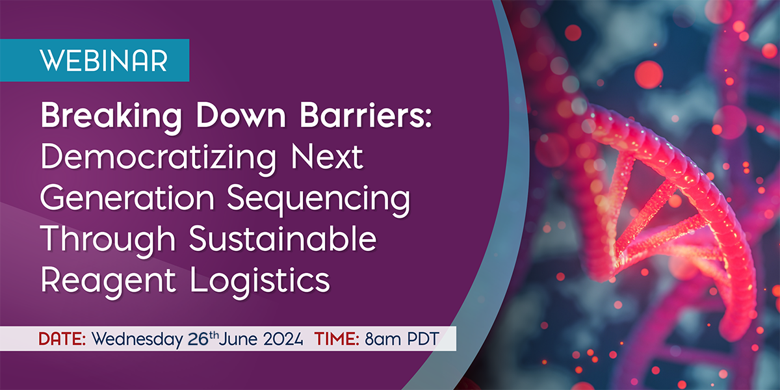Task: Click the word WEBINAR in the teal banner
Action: click(104, 60)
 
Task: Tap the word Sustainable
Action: click(283, 240)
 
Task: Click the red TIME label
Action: click(336, 339)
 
